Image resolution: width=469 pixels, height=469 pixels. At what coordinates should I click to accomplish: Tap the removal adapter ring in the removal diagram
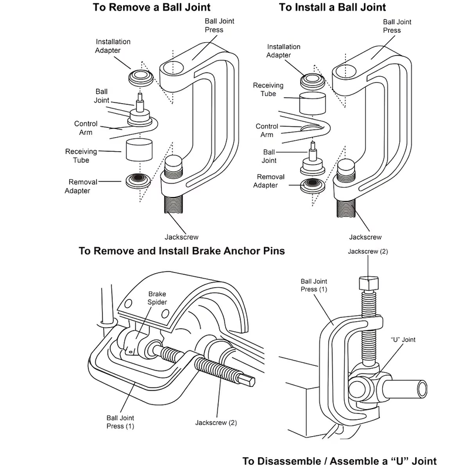(140, 180)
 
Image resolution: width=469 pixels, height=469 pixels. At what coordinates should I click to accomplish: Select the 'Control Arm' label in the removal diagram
(86, 128)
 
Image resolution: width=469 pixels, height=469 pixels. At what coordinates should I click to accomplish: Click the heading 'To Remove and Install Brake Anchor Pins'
(182, 252)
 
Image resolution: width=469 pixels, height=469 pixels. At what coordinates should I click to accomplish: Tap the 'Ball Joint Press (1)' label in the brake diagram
(120, 422)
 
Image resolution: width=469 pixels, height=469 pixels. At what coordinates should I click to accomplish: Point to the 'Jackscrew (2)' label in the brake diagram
(216, 422)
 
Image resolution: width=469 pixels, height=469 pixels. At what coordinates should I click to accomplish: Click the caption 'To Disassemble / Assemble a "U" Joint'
(339, 460)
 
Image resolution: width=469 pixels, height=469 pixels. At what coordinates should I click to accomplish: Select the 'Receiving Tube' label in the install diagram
(268, 89)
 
